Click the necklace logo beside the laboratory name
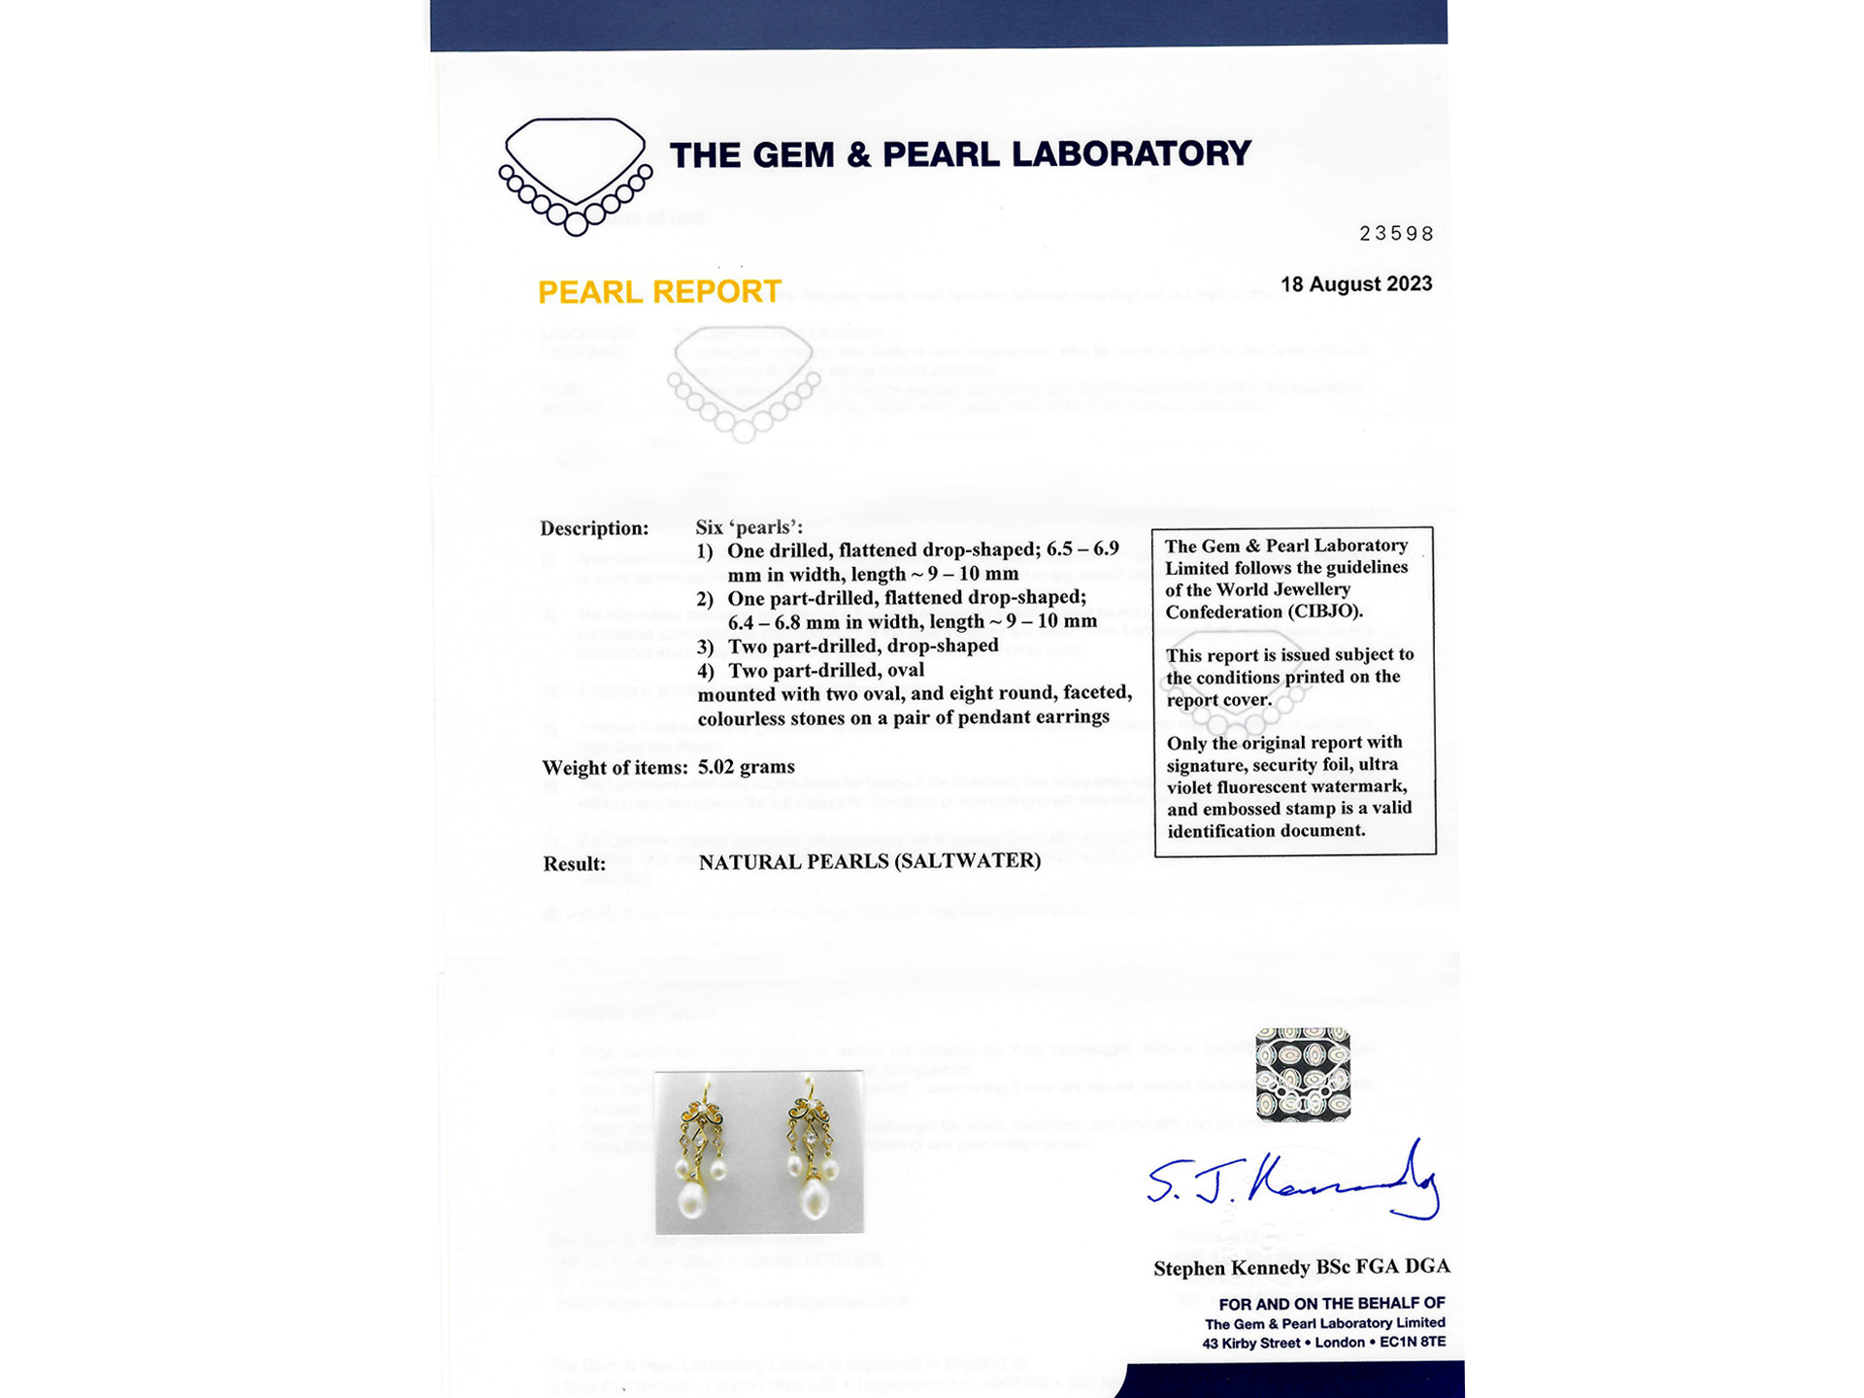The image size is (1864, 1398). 575,176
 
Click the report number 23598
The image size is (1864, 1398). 1396,234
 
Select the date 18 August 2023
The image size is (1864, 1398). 1355,284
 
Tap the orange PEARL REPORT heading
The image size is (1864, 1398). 659,292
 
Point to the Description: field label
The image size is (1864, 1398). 594,529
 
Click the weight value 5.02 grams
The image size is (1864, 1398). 746,767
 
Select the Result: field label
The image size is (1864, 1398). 574,864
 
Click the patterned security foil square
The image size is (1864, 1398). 1302,1074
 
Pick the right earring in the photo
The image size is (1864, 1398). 811,1149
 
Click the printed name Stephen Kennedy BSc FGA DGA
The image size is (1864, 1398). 1301,1268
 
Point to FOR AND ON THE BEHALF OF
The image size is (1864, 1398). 1331,1304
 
